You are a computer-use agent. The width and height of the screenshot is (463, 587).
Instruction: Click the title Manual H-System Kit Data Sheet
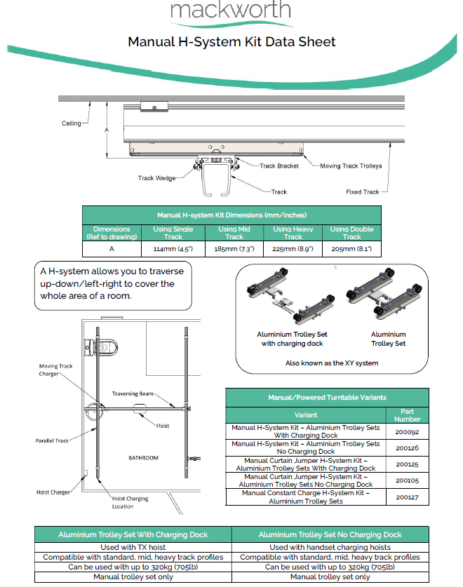(231, 42)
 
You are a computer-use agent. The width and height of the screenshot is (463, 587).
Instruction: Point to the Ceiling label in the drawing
(71, 123)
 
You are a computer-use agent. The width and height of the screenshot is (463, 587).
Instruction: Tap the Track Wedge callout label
(156, 178)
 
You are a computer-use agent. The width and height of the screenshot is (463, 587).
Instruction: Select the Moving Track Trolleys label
(351, 166)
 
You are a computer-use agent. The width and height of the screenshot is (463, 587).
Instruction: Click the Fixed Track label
(362, 191)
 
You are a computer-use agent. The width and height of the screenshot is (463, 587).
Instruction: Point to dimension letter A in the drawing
(107, 130)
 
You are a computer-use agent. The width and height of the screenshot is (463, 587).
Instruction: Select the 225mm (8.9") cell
(293, 248)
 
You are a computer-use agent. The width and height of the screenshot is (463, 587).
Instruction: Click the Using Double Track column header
(351, 233)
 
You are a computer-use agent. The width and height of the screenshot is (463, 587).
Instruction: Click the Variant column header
(306, 414)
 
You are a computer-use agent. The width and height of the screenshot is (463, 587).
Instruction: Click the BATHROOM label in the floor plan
(143, 457)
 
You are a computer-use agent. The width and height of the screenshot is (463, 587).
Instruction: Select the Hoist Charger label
(53, 492)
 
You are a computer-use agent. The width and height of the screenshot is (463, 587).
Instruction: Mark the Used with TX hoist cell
(133, 547)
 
